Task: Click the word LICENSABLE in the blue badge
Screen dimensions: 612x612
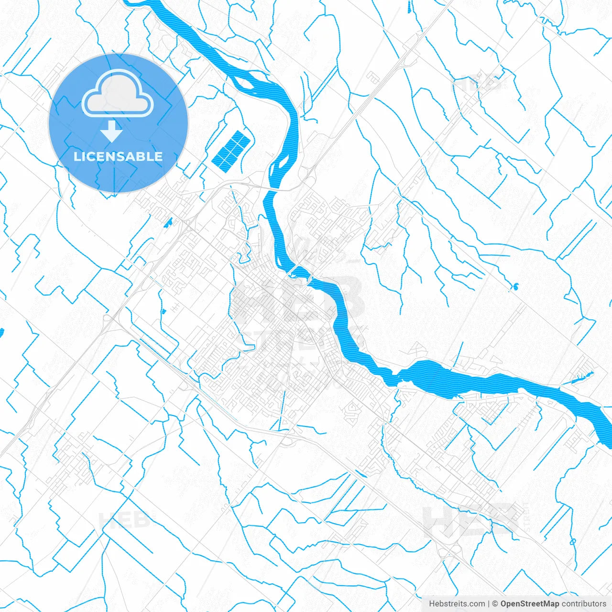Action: (118, 156)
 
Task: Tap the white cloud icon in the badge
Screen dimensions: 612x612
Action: (118, 94)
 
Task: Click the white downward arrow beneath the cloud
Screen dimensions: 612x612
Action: (112, 131)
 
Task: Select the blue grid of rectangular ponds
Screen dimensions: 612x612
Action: (230, 150)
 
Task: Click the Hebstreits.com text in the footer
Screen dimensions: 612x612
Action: (457, 604)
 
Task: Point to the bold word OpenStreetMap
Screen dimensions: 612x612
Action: (530, 604)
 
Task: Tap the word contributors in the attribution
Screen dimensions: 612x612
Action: (584, 604)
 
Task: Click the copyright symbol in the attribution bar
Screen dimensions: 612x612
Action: (495, 604)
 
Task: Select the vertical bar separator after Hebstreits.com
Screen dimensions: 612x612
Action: (488, 604)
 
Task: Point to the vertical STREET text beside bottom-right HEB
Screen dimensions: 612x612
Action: (526, 516)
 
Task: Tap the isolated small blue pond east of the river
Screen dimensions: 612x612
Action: (515, 287)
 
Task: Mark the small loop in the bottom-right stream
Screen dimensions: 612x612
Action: (572, 541)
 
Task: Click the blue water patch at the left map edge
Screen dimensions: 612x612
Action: (1, 332)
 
